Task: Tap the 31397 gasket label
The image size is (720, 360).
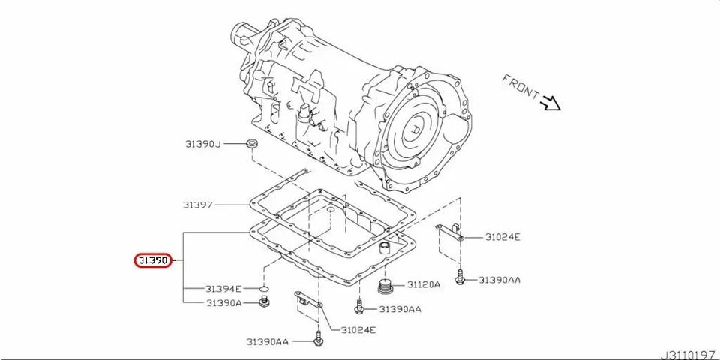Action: (x=198, y=204)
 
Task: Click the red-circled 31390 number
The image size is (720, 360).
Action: (x=153, y=261)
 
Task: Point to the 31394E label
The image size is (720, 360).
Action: (x=223, y=289)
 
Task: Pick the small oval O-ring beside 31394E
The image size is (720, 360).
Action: (x=263, y=289)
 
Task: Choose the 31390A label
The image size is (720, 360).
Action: (x=223, y=303)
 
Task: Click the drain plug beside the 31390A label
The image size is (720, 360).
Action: (x=263, y=302)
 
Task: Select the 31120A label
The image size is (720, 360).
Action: (x=424, y=285)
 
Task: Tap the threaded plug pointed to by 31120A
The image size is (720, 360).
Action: (x=385, y=287)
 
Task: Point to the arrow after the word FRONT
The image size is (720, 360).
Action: (x=553, y=103)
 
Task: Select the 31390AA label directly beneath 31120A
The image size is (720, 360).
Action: (x=400, y=309)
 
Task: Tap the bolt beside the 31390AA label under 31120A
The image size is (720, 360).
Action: (x=361, y=307)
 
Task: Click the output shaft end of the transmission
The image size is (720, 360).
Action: (x=242, y=34)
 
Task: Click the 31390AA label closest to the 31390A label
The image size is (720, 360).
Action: (x=267, y=341)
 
